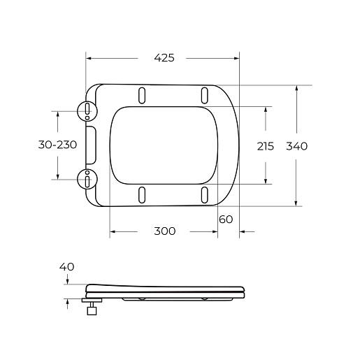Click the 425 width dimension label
164,58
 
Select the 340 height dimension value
296,146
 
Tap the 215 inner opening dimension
266,146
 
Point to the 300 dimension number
164,231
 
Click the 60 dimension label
226,219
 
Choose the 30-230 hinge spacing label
57,145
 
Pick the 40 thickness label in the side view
66,267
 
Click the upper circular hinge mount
87,111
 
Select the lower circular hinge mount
87,179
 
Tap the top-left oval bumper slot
142,95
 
